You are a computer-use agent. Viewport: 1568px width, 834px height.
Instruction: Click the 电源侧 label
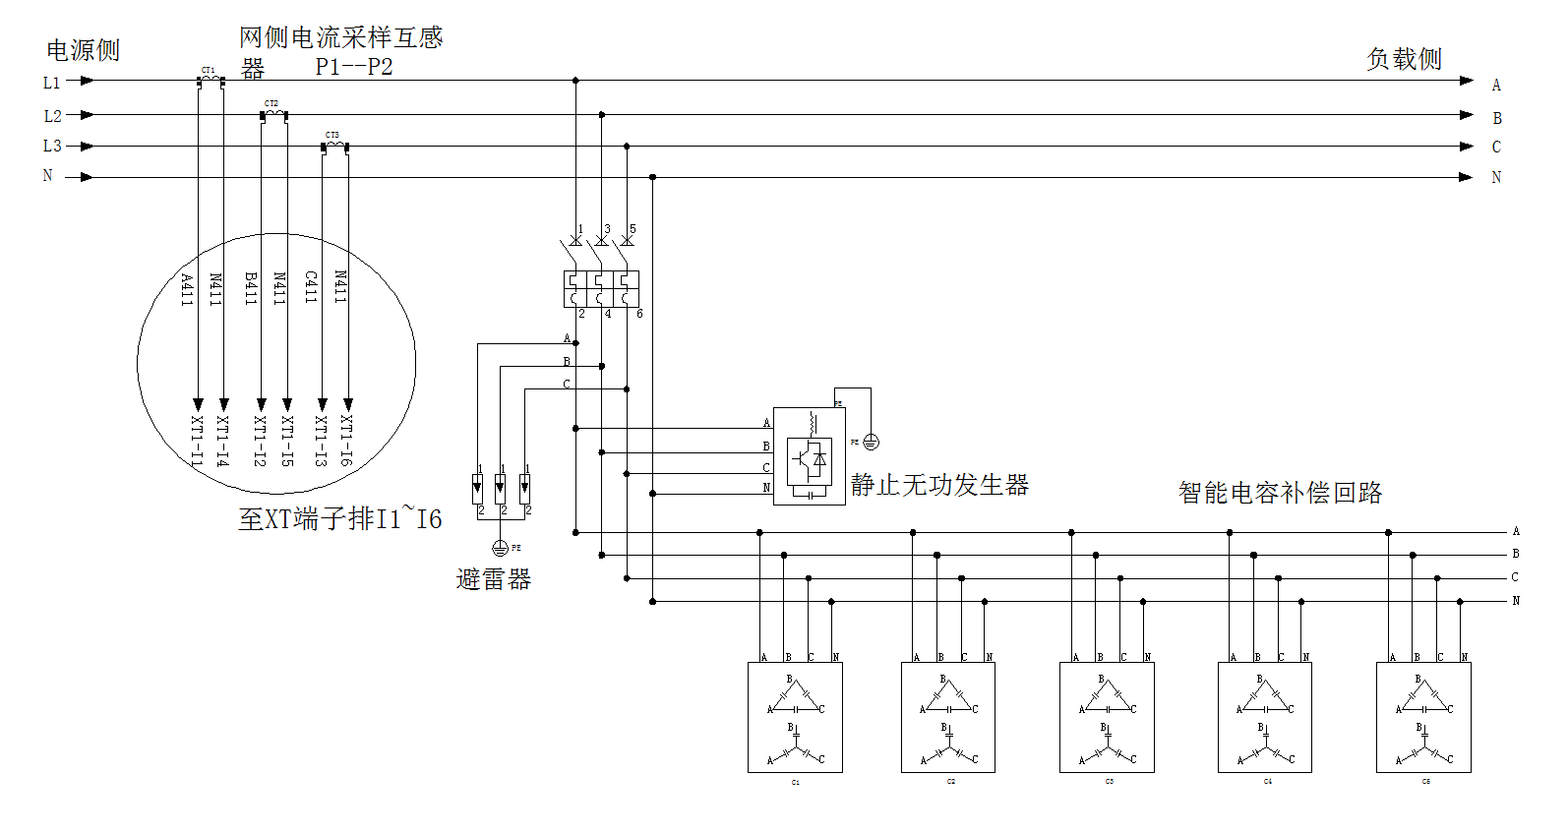coord(83,50)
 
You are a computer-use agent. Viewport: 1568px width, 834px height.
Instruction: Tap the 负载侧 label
coord(1404,59)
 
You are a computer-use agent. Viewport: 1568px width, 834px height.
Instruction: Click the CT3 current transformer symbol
coord(334,147)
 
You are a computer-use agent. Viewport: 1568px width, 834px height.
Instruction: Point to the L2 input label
coord(52,116)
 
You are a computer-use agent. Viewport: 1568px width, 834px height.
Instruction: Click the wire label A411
coord(187,289)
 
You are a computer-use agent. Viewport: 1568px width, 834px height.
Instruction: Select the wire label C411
coord(311,287)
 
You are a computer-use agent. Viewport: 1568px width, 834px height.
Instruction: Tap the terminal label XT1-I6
coord(346,440)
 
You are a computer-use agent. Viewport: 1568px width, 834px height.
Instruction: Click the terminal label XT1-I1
coord(197,441)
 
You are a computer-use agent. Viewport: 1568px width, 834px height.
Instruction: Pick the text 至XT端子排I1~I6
coord(339,519)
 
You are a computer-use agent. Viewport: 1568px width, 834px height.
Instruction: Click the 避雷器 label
coord(493,579)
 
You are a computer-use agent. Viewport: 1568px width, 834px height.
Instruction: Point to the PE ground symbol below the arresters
coord(500,548)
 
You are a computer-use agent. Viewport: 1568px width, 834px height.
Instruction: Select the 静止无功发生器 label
coord(939,485)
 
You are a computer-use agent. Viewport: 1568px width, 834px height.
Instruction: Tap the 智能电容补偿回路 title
coord(1280,493)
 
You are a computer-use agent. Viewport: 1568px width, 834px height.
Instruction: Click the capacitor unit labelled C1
coord(795,717)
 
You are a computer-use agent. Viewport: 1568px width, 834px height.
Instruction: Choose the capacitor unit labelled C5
coord(1423,717)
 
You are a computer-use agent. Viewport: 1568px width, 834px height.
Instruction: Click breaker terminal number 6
coord(639,314)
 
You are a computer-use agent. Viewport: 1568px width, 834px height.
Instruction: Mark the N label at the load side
coord(1496,178)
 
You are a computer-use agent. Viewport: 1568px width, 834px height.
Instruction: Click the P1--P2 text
coord(354,67)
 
